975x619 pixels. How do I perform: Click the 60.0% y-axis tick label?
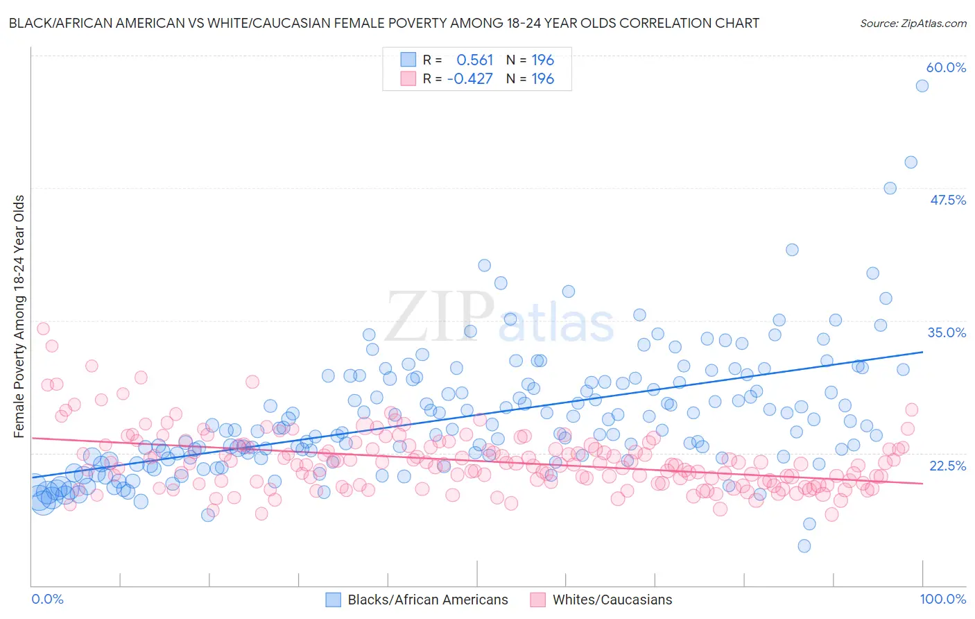click(x=946, y=67)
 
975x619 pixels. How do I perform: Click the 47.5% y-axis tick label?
click(x=947, y=200)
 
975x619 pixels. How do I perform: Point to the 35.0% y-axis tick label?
click(x=947, y=332)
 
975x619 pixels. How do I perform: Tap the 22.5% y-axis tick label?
click(x=947, y=465)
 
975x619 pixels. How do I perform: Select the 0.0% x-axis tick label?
click(x=47, y=599)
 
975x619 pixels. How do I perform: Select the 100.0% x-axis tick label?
click(x=943, y=599)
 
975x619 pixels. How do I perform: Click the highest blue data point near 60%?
click(x=922, y=86)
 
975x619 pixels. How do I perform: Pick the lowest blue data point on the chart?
click(x=804, y=546)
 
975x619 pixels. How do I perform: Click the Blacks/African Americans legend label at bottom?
click(x=427, y=600)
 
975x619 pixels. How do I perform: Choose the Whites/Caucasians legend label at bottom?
click(x=612, y=600)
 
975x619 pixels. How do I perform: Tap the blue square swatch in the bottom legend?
click(x=334, y=600)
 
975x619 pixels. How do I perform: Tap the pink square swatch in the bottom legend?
click(x=538, y=600)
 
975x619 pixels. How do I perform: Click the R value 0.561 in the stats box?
click(x=474, y=60)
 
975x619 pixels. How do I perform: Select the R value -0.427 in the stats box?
click(x=469, y=79)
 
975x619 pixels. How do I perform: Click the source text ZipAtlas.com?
click(x=913, y=23)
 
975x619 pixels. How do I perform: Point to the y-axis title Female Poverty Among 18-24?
click(x=19, y=316)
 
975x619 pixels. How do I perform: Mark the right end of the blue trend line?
click(x=922, y=352)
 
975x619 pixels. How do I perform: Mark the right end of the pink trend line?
click(x=922, y=483)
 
